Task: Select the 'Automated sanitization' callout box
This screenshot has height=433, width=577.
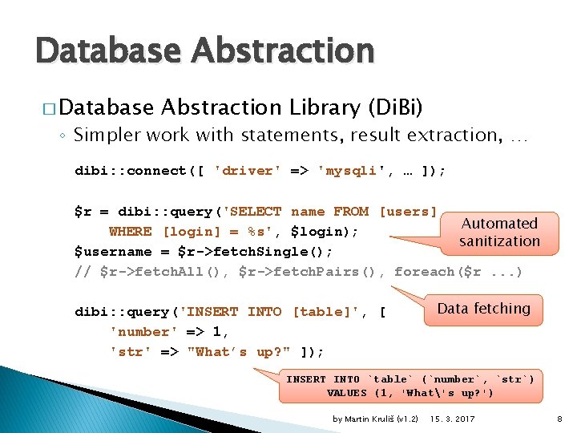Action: tap(499, 232)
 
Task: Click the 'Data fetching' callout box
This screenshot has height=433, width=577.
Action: tap(483, 309)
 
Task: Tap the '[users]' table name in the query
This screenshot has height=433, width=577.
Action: tap(408, 212)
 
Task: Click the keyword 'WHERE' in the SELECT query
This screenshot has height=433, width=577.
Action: tap(130, 232)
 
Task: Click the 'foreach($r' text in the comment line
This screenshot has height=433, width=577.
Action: tap(438, 271)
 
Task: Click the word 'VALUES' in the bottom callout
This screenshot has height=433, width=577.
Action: tap(348, 393)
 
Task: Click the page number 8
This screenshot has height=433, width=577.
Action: tap(559, 419)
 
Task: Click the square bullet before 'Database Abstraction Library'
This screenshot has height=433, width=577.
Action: tap(44, 108)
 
